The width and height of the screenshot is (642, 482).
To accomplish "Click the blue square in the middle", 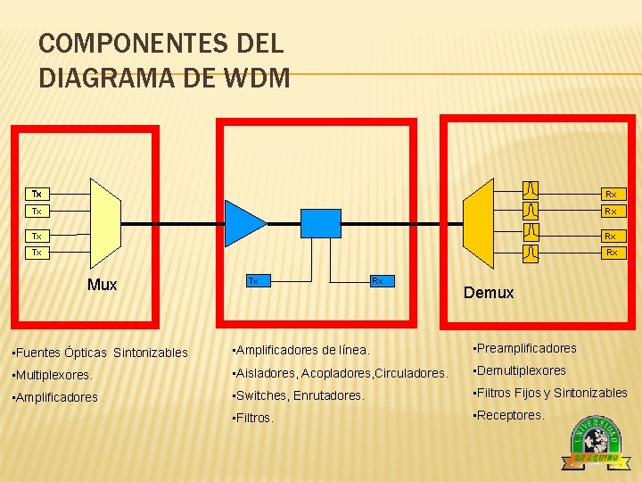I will click(x=321, y=223).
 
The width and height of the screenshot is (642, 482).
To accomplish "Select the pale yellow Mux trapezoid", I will click(x=105, y=222).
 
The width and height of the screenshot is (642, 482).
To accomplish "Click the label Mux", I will click(x=103, y=285).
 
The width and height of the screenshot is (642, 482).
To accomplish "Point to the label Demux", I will click(x=489, y=293).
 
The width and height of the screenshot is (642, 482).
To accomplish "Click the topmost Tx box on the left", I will click(x=37, y=194).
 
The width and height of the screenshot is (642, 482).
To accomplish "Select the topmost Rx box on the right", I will click(x=611, y=194).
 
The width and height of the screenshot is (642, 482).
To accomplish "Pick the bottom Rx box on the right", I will click(x=611, y=253).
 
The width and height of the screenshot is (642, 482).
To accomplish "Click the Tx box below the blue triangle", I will click(x=253, y=280).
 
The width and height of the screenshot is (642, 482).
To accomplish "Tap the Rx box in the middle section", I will click(x=377, y=280).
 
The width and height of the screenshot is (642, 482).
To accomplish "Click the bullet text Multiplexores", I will click(x=54, y=376).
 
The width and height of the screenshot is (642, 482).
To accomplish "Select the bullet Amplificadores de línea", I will click(x=300, y=350).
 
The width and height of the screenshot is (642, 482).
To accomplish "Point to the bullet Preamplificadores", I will click(x=525, y=348).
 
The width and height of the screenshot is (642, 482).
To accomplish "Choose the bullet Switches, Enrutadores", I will click(x=299, y=395).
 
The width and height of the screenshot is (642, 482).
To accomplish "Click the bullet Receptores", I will click(x=508, y=415).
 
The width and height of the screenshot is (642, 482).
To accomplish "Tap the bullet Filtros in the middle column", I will click(x=253, y=417).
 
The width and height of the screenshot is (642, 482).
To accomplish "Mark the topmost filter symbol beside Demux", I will click(x=531, y=190).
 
